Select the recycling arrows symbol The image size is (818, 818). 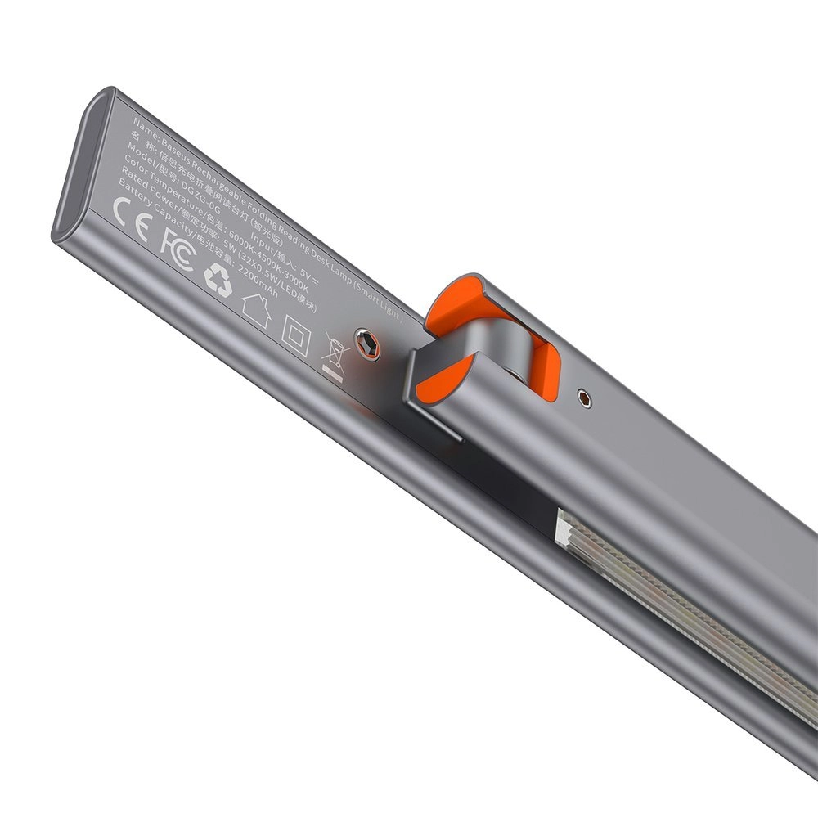[x=218, y=281]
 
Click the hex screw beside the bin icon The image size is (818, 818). [x=366, y=344]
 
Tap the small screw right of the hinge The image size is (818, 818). [x=582, y=398]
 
